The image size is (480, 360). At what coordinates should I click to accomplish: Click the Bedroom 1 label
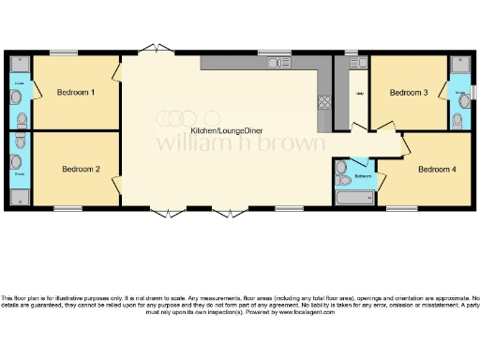(x=75, y=93)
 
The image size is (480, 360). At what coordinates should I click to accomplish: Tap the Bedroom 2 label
(x=81, y=170)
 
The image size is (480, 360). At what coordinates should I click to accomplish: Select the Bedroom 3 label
(x=409, y=93)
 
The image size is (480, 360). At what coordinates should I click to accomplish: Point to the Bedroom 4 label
(x=437, y=170)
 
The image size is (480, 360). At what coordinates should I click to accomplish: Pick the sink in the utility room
(x=360, y=64)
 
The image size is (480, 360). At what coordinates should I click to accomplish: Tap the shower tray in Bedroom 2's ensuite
(x=19, y=195)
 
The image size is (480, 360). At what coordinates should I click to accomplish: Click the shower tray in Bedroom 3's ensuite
(x=460, y=65)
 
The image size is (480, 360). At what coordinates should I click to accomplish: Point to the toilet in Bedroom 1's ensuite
(x=18, y=97)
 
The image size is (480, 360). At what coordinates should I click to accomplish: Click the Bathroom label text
(x=365, y=175)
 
